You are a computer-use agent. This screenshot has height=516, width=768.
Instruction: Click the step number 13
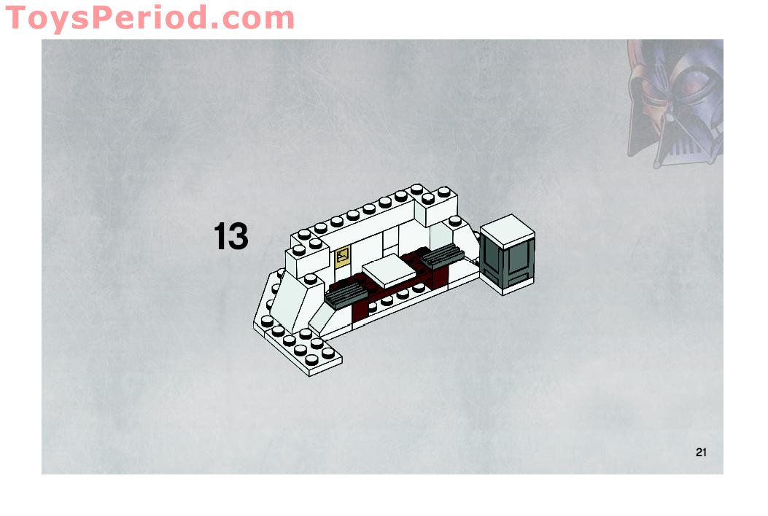click(230, 238)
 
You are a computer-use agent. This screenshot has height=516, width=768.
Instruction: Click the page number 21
click(701, 452)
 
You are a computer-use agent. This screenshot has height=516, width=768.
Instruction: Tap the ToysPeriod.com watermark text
click(150, 17)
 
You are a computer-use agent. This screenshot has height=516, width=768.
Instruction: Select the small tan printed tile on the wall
click(342, 257)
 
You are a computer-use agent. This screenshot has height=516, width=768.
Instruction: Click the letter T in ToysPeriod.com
click(16, 17)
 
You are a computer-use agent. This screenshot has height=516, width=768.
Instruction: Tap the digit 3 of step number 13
click(238, 238)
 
